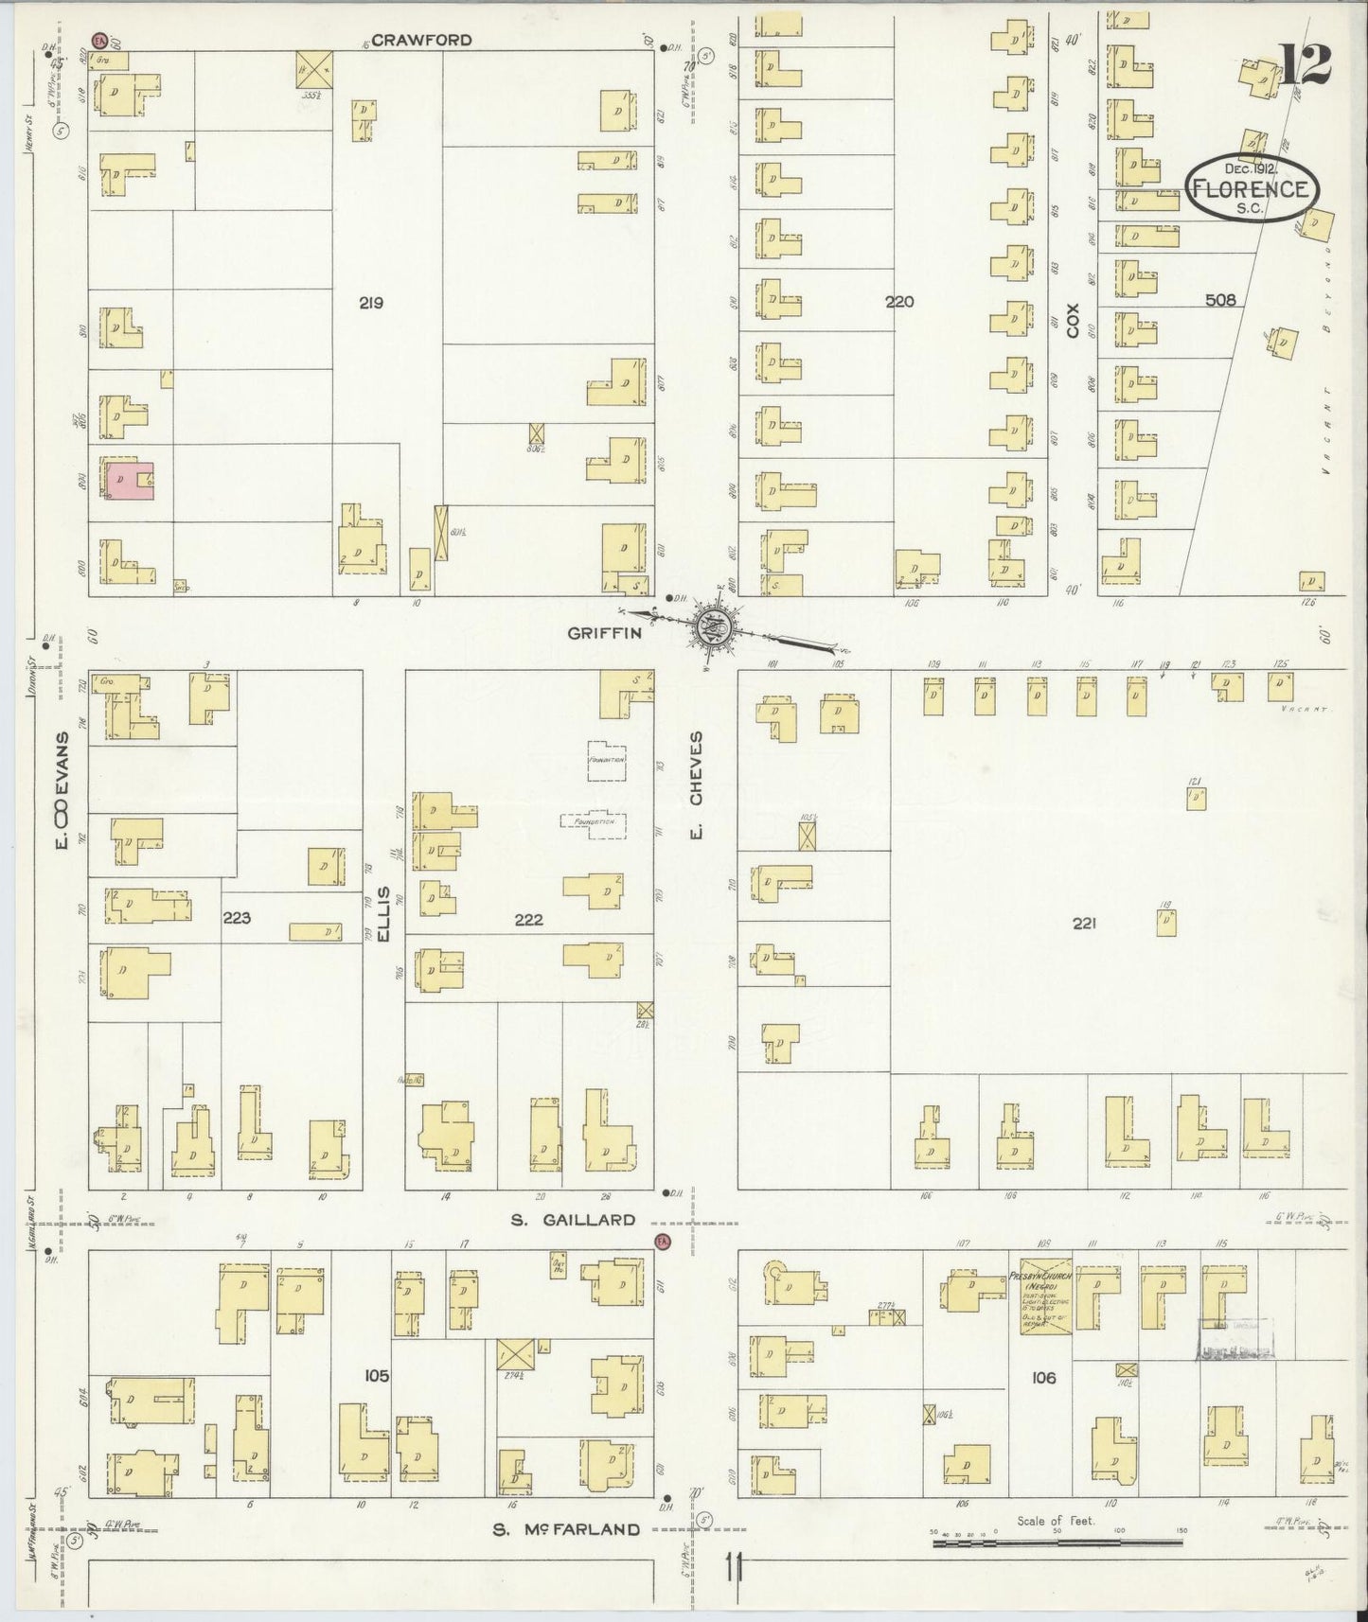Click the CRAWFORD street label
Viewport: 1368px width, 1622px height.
pos(408,41)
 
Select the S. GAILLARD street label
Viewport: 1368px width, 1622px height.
pos(573,1219)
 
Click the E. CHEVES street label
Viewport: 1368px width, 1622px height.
pos(696,788)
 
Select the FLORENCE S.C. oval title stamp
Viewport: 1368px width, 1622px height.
pos(1252,187)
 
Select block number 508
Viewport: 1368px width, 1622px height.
pos(1220,301)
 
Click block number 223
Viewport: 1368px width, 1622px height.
pos(236,916)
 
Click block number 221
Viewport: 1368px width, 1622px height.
pos(1084,924)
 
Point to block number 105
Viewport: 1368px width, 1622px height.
pos(377,1375)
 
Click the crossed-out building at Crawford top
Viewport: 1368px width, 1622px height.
pos(314,68)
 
